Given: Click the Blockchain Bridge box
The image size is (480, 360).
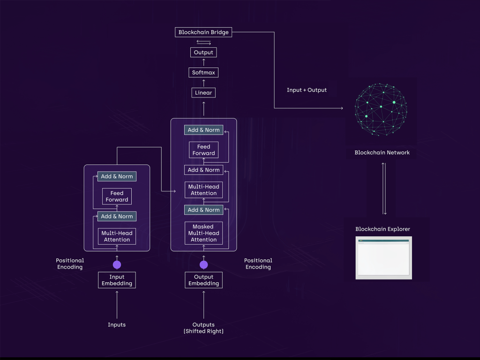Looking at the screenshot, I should pos(203,32).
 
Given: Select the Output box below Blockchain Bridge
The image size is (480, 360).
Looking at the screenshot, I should pos(203,52).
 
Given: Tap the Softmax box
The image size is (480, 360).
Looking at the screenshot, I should pos(203,73).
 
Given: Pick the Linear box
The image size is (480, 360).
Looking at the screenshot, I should pos(203,93).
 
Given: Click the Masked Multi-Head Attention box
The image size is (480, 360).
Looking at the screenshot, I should pos(203,233).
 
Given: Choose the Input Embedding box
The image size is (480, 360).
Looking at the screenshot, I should pos(117,280).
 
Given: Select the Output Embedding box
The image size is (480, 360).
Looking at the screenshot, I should pos(203,280).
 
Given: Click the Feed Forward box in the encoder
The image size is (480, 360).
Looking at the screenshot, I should pos(117,196).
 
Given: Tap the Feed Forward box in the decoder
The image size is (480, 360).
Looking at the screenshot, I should pos(203,150).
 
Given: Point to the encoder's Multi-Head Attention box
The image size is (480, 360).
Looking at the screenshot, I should pos(117,236).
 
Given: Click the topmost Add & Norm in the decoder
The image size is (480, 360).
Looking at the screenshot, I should pos(203,130).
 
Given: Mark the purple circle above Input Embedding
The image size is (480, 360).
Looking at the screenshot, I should pos(117,264).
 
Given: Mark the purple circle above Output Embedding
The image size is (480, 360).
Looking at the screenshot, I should pos(203,264).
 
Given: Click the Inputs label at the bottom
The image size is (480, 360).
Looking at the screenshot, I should pos(117,325).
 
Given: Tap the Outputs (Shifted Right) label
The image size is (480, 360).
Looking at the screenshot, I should pos(203,328).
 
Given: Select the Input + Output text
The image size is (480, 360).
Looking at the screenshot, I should pos(307,90).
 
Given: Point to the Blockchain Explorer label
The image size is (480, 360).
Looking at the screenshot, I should pos(382,229).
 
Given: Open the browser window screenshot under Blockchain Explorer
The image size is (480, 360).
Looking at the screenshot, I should pos(384,258).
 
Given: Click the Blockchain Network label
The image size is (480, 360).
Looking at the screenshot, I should pos(382,153).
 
